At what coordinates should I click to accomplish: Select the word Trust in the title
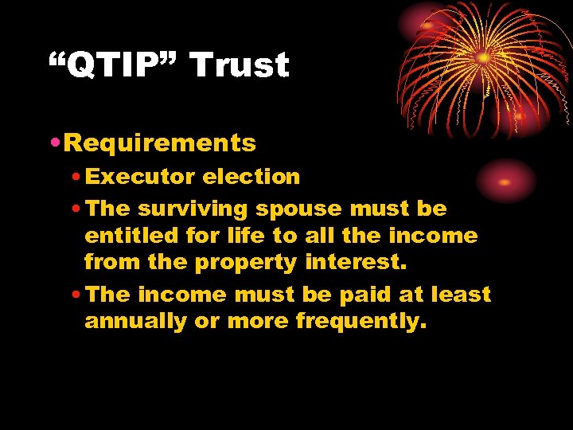(x=240, y=65)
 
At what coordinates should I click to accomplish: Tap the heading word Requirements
(x=160, y=143)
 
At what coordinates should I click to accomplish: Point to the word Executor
(x=140, y=176)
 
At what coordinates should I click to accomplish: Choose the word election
(x=251, y=176)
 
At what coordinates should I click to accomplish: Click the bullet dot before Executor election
(x=76, y=177)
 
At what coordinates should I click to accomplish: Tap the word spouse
(x=298, y=210)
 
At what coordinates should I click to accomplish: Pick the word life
(x=250, y=236)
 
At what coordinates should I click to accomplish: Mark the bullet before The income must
(x=76, y=295)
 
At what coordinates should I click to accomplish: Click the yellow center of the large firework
(x=484, y=58)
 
